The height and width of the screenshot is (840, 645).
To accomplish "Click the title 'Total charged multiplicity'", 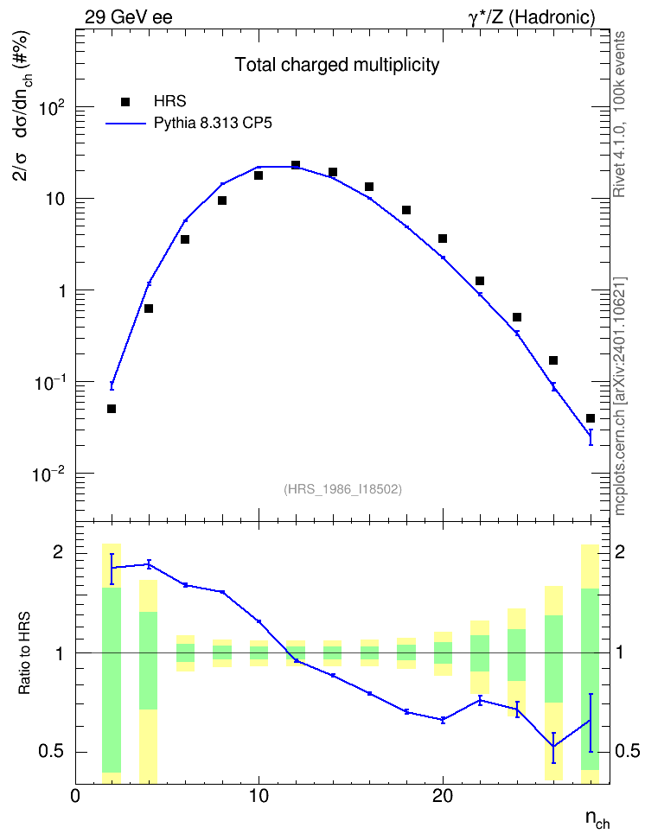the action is pyautogui.click(x=336, y=65).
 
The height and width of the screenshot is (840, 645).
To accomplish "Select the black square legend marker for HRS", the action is pyautogui.click(x=125, y=102).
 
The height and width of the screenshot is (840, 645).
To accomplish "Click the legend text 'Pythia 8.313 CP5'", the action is pyautogui.click(x=213, y=124).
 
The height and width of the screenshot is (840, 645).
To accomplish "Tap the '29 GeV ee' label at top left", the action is pyautogui.click(x=129, y=17).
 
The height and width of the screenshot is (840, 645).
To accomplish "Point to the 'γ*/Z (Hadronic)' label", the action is pyautogui.click(x=532, y=18).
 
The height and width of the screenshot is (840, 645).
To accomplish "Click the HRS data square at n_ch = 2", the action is pyautogui.click(x=112, y=409).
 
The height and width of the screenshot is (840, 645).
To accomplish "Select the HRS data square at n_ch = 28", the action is pyautogui.click(x=591, y=418).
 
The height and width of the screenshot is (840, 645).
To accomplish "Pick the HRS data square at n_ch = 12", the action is pyautogui.click(x=296, y=165).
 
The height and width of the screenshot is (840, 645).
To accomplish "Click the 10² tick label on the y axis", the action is pyautogui.click(x=52, y=108).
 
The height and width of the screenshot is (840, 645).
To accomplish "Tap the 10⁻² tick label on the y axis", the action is pyautogui.click(x=48, y=474).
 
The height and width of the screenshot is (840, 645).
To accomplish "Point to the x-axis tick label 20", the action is pyautogui.click(x=443, y=796).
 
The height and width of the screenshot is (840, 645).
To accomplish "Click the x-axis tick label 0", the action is pyautogui.click(x=75, y=796).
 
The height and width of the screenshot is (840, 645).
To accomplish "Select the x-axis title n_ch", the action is pyautogui.click(x=597, y=819).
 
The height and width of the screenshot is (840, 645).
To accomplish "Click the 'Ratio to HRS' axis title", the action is pyautogui.click(x=25, y=653).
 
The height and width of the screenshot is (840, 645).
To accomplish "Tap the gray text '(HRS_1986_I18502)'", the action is pyautogui.click(x=342, y=489).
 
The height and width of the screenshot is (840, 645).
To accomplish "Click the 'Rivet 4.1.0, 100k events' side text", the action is pyautogui.click(x=619, y=114).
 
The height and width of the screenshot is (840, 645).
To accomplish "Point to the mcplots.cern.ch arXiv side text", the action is pyautogui.click(x=620, y=397).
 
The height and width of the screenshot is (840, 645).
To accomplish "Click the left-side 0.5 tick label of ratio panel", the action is pyautogui.click(x=52, y=752).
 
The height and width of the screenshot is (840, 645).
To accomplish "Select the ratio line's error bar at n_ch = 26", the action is pyautogui.click(x=553, y=748).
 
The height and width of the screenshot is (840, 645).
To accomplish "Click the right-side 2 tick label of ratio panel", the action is pyautogui.click(x=620, y=552).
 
